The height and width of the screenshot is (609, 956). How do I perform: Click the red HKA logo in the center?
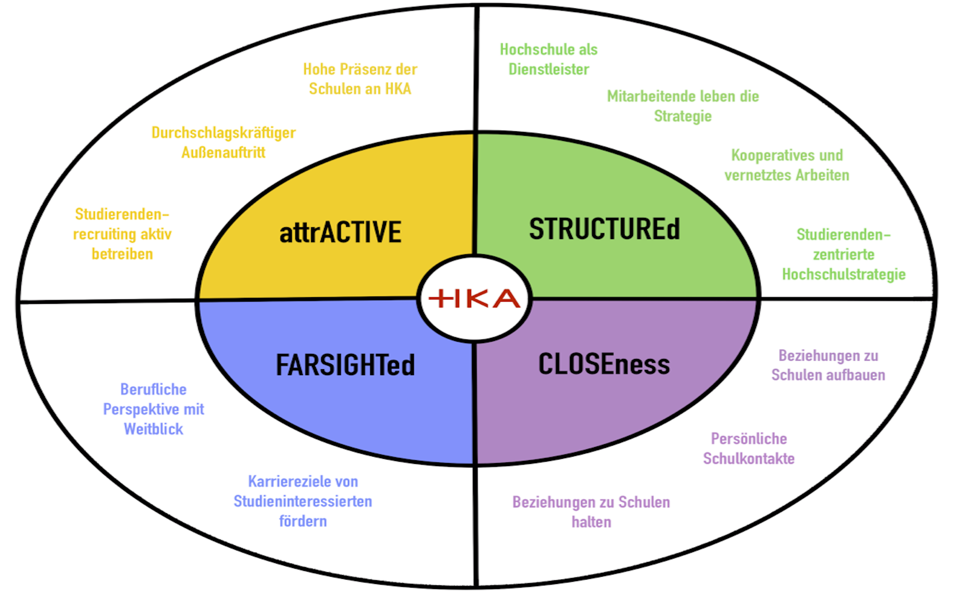pyautogui.click(x=474, y=299)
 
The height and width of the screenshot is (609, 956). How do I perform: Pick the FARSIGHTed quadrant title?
pyautogui.click(x=345, y=365)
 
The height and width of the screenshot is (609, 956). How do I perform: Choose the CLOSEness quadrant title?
pyautogui.click(x=604, y=364)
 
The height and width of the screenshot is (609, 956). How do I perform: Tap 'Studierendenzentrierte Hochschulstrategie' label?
pyautogui.click(x=844, y=254)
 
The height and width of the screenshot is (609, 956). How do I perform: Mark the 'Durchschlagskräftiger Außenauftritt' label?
pyautogui.click(x=223, y=142)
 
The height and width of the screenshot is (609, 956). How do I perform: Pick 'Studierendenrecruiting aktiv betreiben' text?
pyautogui.click(x=122, y=234)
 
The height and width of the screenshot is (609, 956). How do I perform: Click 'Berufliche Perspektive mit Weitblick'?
pyautogui.click(x=154, y=409)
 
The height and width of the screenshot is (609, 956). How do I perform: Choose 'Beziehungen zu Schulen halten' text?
pyautogui.click(x=591, y=512)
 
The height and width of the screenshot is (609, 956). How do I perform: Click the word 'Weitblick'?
pyautogui.click(x=154, y=429)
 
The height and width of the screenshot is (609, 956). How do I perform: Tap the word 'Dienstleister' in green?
pyautogui.click(x=549, y=70)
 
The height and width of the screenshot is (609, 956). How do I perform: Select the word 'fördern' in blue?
pyautogui.click(x=303, y=521)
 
